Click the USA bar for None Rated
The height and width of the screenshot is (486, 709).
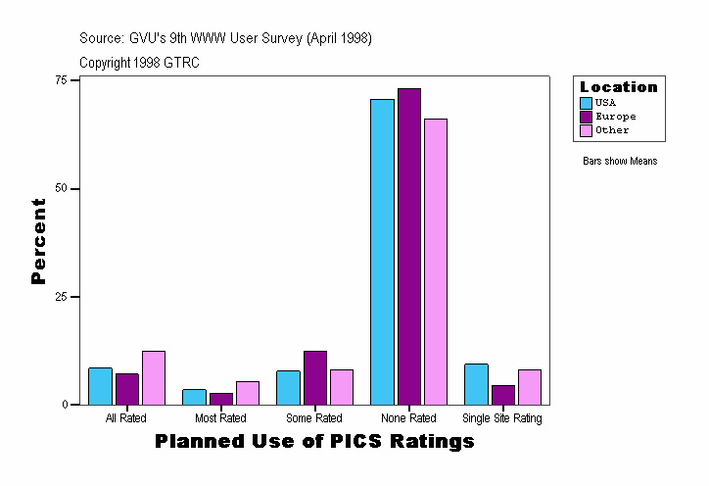(x=382, y=252)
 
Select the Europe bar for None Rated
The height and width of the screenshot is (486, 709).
(x=409, y=246)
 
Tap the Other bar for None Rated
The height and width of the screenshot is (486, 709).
(x=436, y=262)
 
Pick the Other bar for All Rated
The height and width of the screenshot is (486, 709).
(x=154, y=377)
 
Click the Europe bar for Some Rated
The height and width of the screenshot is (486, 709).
(x=315, y=377)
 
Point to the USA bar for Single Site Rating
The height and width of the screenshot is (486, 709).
(x=476, y=384)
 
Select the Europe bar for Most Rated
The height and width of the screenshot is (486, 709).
(x=221, y=399)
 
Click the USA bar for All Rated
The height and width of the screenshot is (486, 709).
(x=100, y=386)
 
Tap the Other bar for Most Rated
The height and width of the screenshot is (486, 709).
(x=248, y=393)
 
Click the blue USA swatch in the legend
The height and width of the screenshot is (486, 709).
(x=586, y=103)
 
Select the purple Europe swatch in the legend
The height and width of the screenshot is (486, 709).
(x=586, y=117)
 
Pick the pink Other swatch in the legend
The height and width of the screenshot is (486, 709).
(x=586, y=130)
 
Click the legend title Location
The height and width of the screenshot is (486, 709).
(x=619, y=87)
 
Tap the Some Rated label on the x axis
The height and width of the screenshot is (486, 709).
(x=314, y=418)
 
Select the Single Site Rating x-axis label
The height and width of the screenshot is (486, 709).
(x=502, y=418)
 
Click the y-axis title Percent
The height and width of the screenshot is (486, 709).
(x=39, y=241)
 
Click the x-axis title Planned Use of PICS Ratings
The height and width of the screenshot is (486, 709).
(x=314, y=442)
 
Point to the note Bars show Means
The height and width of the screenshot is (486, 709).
(x=620, y=162)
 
